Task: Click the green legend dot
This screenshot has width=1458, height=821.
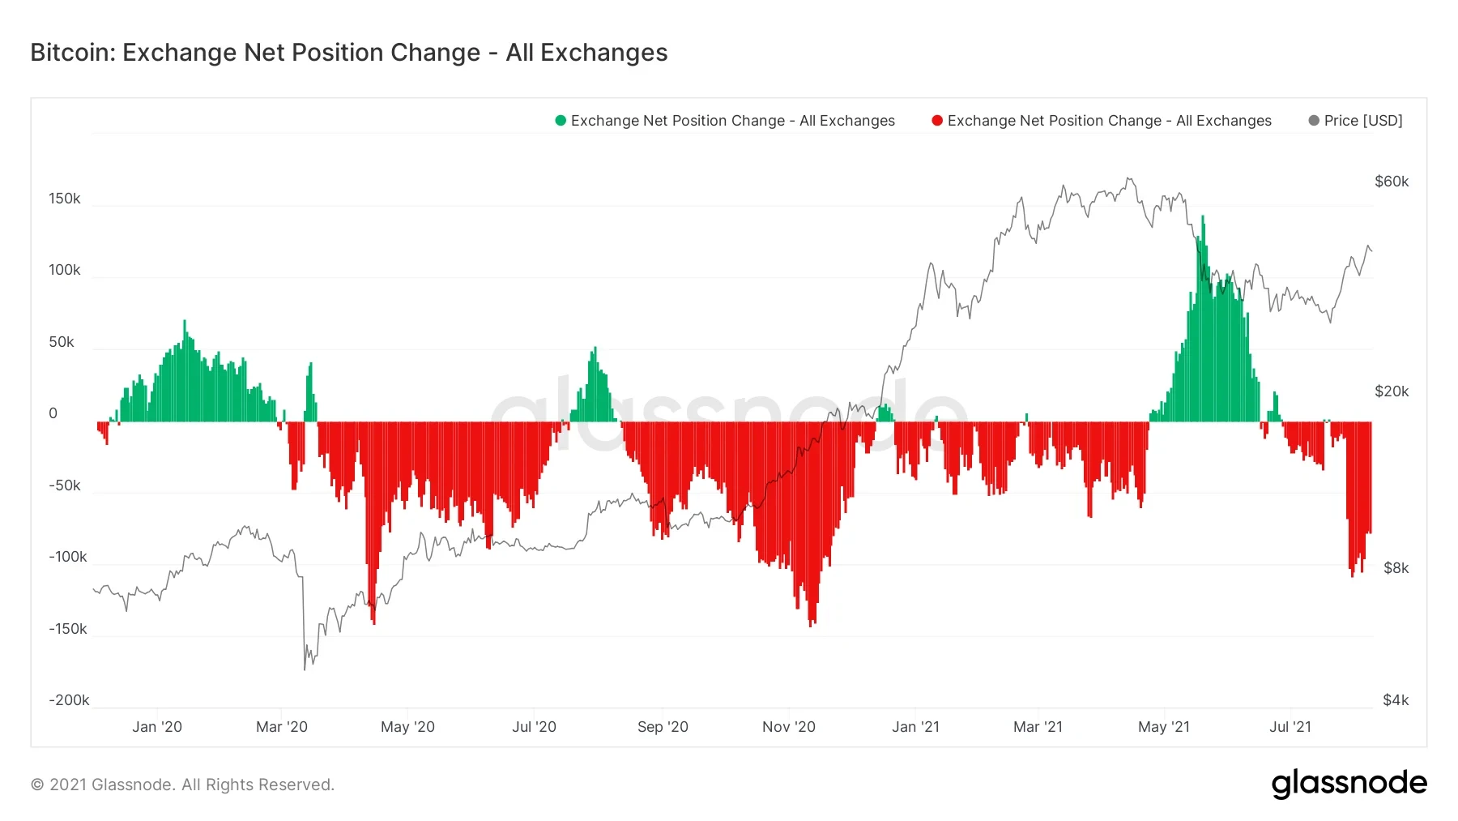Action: coord(561,121)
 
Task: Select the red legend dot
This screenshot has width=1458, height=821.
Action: coord(937,121)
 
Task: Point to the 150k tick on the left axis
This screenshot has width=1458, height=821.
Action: coord(65,199)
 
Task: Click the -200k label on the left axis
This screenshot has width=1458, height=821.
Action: coord(69,700)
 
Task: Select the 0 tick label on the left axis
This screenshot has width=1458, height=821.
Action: coord(53,413)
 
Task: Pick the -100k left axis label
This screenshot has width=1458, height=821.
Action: coord(68,557)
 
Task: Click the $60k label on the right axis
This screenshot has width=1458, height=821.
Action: coord(1392,182)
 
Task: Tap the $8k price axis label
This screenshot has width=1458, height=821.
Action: coord(1396,568)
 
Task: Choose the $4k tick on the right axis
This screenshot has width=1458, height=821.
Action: coord(1396,700)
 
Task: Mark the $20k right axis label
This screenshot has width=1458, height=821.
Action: coord(1392,391)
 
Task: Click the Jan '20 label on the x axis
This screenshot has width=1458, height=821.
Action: coord(157,727)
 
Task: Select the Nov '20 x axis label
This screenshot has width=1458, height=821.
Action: coord(788,727)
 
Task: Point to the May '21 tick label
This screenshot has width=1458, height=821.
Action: coord(1163,727)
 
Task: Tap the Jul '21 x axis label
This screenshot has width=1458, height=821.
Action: coord(1290,727)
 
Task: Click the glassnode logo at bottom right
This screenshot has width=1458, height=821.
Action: coord(1349,784)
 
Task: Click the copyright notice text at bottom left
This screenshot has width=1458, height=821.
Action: coord(182,785)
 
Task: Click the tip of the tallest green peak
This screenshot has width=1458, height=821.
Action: coord(1203,216)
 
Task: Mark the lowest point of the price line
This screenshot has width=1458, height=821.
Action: coord(305,669)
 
